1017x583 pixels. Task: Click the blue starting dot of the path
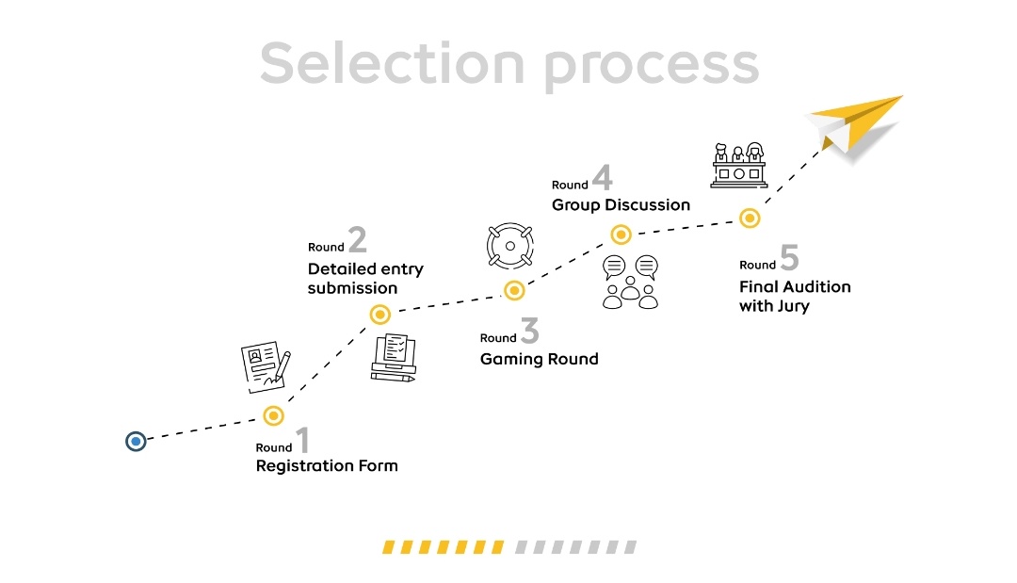click(x=137, y=441)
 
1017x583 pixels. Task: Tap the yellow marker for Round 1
click(x=273, y=415)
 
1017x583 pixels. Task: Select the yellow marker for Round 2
click(x=380, y=314)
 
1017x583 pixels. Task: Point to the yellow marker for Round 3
click(x=514, y=290)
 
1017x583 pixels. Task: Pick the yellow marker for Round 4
click(x=621, y=235)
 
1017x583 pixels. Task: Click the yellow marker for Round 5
click(x=750, y=219)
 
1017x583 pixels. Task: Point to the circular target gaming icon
click(x=510, y=247)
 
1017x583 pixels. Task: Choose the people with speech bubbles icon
click(x=631, y=282)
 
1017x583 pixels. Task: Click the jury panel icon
click(x=738, y=165)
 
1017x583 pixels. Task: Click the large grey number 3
click(x=530, y=332)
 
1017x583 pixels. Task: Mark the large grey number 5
click(x=789, y=259)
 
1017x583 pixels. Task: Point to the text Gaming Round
click(x=539, y=359)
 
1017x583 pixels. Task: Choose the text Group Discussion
click(x=621, y=204)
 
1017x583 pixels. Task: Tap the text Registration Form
click(x=327, y=465)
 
